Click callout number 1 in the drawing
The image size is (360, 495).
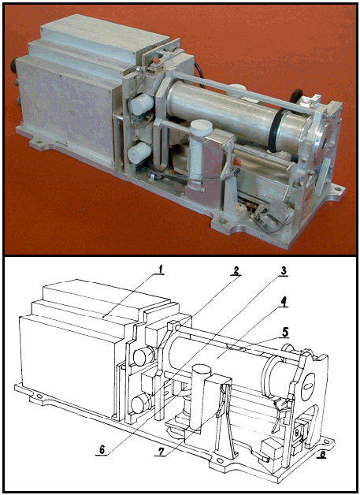point(161,270)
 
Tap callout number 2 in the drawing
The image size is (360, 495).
point(236,270)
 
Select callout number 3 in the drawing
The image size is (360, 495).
point(284,271)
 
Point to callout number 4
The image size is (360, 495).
point(284,302)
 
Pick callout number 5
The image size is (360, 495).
point(285,333)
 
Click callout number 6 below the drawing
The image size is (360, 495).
point(102,449)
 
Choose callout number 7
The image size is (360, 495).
point(161,452)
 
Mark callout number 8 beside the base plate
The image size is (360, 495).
point(323,454)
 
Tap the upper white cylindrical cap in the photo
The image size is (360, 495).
point(140,104)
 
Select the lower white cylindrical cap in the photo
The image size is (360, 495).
point(139,152)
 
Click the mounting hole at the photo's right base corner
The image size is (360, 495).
point(338,188)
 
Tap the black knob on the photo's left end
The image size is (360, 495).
point(14,65)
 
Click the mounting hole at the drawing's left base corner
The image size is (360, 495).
point(39,396)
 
